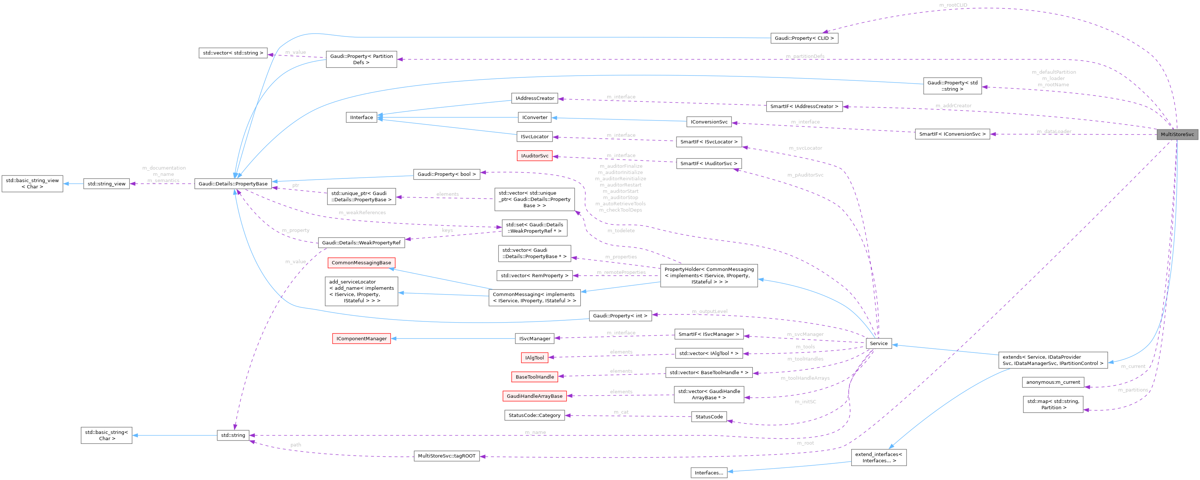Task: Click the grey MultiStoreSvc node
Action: tap(1177, 134)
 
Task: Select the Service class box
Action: tap(878, 344)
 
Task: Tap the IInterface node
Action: tap(362, 118)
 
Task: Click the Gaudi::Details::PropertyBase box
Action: tap(233, 184)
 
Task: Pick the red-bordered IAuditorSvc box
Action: tap(534, 156)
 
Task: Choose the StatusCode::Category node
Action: tap(534, 415)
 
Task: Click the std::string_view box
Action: tap(107, 184)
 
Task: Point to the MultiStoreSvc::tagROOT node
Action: tap(446, 456)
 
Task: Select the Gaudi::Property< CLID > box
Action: tap(804, 38)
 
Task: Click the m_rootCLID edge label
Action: tap(953, 5)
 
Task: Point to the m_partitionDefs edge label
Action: tap(805, 56)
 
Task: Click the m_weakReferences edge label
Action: tap(362, 212)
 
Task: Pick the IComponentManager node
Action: tap(362, 339)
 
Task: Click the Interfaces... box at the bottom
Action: tap(709, 473)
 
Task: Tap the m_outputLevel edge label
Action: tap(709, 311)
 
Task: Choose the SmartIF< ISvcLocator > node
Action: tap(709, 142)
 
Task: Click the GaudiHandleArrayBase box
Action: tap(534, 396)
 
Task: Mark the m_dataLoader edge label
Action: tap(1054, 131)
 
